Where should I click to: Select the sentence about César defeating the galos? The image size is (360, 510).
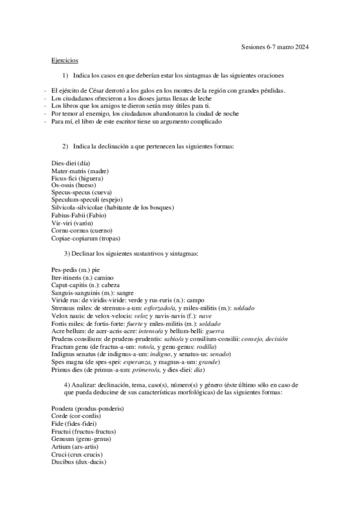pyautogui.click(x=168, y=90)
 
